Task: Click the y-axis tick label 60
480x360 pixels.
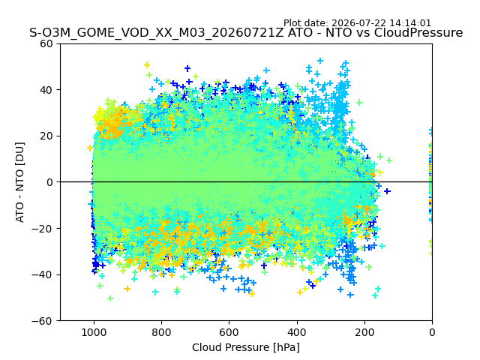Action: [x=46, y=43]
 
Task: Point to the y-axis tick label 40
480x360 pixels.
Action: [x=46, y=90]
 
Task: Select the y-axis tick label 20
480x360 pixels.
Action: [x=46, y=136]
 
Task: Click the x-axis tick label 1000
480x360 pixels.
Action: [x=94, y=332]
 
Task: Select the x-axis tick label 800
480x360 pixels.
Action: [x=162, y=332]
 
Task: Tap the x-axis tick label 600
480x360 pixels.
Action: [x=229, y=332]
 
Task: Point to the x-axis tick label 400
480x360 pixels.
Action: [x=297, y=332]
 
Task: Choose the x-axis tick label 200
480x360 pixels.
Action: [x=364, y=332]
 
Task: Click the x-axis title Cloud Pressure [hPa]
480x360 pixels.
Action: [x=246, y=347]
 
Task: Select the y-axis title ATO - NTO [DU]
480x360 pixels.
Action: [x=19, y=182]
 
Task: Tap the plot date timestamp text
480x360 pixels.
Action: [x=357, y=23]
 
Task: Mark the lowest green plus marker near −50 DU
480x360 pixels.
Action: [x=110, y=298]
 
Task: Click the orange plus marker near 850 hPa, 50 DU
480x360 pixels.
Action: [x=147, y=65]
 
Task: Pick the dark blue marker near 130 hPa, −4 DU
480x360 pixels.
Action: [x=387, y=191]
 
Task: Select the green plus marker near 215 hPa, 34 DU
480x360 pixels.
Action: [x=359, y=102]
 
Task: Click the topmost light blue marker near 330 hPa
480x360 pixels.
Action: [x=320, y=61]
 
